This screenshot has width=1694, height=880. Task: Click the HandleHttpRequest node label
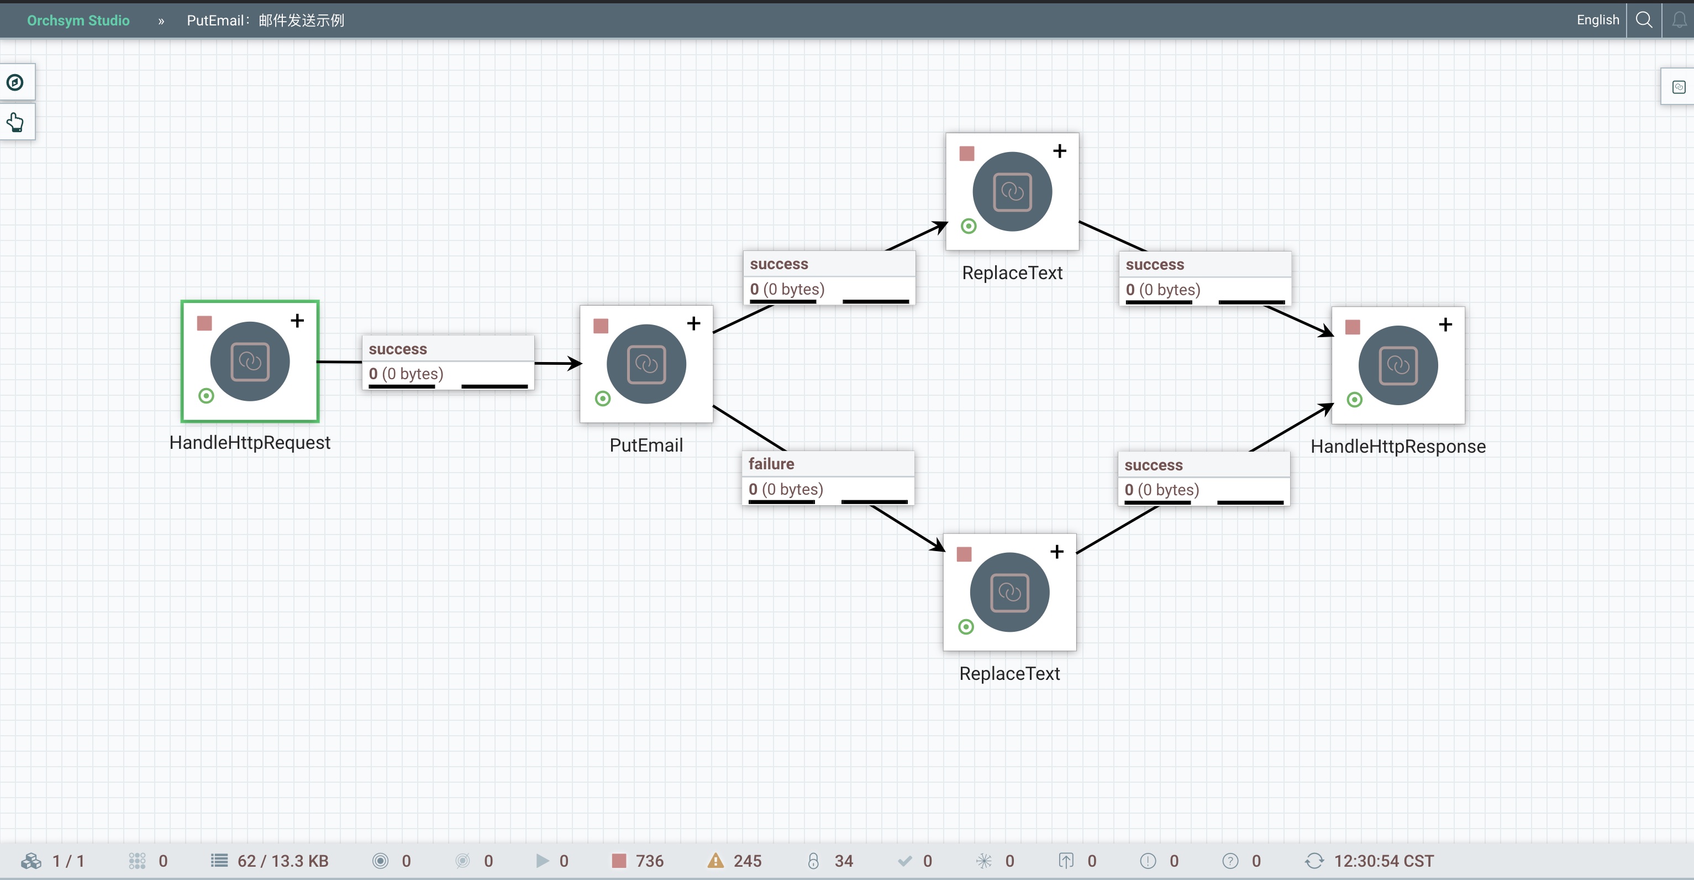coord(249,443)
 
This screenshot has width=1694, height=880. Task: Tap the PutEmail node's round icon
coord(646,364)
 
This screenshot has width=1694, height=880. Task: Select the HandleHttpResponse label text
coord(1397,447)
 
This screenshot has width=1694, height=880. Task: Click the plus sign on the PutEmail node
coord(693,323)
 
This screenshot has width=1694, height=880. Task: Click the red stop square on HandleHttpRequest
coord(204,323)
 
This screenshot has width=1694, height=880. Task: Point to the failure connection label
coord(771,464)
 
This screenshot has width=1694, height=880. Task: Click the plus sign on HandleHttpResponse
coord(1445,325)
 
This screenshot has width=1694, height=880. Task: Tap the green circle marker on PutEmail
coord(602,399)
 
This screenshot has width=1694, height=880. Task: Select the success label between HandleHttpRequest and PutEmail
coord(398,349)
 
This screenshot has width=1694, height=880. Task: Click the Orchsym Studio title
coord(78,20)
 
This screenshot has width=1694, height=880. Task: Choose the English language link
coord(1597,20)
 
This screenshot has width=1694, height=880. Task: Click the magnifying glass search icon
coord(1644,20)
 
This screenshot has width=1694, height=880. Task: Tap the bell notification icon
coord(1679,20)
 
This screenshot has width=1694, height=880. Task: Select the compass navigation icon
coord(15,82)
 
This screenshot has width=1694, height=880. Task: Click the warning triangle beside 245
coord(716,860)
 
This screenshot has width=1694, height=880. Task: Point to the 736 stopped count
coord(649,861)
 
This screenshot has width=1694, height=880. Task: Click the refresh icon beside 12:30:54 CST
coord(1314,861)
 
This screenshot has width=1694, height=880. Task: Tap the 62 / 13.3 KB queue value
coord(283,861)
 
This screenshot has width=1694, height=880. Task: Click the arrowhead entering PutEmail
coord(575,363)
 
